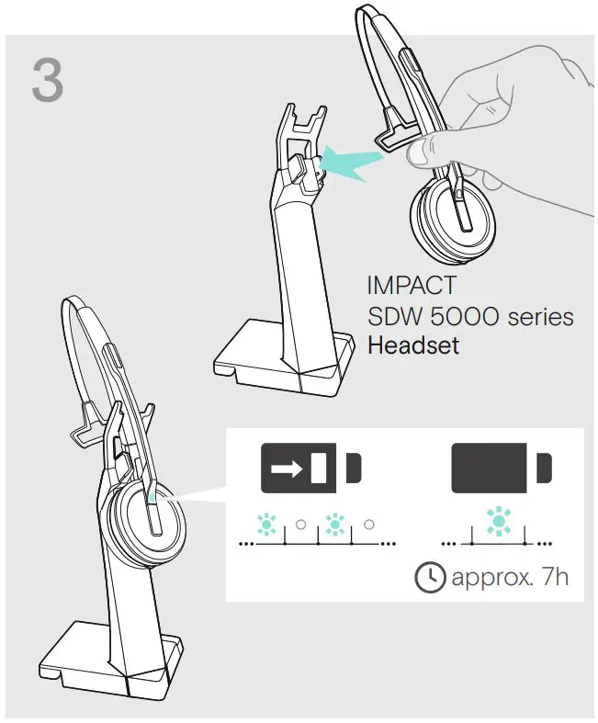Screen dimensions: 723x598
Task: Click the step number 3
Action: pyautogui.click(x=48, y=81)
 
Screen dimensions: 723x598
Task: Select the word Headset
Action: pyautogui.click(x=412, y=346)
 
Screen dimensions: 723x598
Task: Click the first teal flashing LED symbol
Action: pyautogui.click(x=268, y=525)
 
